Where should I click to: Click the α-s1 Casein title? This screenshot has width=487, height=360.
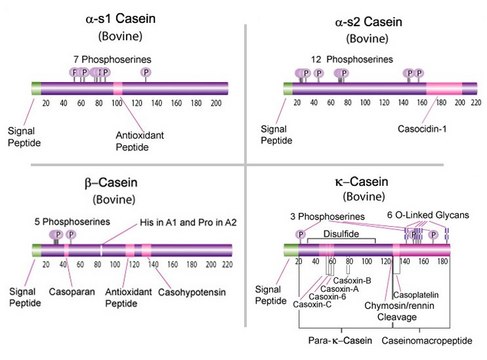[x=119, y=19]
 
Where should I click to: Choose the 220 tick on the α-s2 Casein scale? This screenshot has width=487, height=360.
[x=475, y=103]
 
